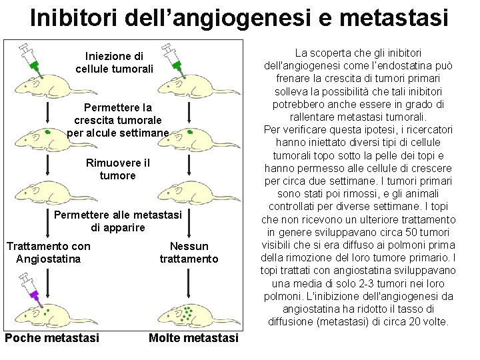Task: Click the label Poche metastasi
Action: [x=52, y=338]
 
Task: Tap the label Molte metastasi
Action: [x=193, y=338]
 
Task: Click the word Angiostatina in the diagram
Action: [x=48, y=259]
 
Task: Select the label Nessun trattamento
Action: [x=189, y=253]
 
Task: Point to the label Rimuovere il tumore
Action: [x=118, y=169]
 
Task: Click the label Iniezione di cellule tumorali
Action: [x=115, y=63]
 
